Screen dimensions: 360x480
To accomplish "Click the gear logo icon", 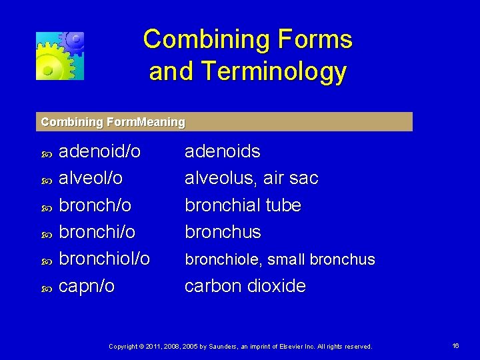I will (60, 56).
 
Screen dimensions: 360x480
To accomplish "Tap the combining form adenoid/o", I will (100, 151).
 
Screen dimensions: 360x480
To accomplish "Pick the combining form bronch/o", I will (95, 205).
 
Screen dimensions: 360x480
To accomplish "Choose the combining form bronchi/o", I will (97, 232).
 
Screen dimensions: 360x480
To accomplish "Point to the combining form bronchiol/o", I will (105, 259).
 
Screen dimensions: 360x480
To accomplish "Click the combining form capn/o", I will (87, 286).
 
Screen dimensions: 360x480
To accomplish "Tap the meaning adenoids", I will (222, 151).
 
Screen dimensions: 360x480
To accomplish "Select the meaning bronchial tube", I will (243, 205).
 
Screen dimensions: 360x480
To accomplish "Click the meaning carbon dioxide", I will (245, 286).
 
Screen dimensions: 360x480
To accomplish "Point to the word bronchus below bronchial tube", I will (223, 232).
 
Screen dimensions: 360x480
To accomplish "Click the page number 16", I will (456, 346).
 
